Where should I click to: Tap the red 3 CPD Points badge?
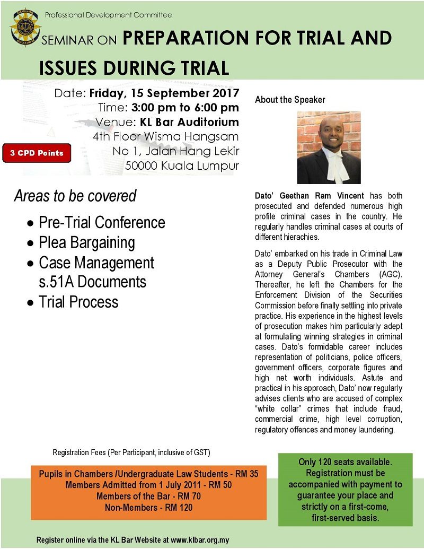[x=37, y=153]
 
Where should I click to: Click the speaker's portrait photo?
[x=329, y=147]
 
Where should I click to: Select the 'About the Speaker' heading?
[x=290, y=100]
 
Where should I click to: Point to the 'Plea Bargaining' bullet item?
[x=86, y=242]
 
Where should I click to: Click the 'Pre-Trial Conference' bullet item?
[x=102, y=222]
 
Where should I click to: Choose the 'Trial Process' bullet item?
[x=78, y=302]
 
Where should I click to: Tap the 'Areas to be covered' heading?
[x=75, y=196]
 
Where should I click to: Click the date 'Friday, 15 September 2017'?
[x=164, y=94]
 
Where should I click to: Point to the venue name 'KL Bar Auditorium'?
[x=189, y=122]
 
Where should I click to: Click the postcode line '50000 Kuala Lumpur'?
[x=182, y=165]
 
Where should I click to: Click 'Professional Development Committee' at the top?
[x=108, y=15]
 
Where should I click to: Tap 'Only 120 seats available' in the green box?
[x=345, y=463]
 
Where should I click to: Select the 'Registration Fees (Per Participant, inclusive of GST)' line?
[x=131, y=452]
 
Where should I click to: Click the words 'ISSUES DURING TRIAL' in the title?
[x=134, y=67]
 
